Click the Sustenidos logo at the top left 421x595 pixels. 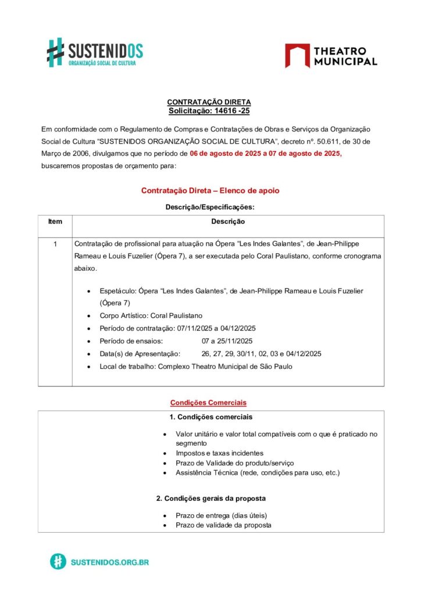[95, 52]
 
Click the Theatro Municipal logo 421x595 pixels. [331, 56]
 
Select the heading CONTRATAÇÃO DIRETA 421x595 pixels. [209, 102]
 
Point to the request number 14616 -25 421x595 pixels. [230, 110]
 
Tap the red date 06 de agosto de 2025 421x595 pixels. [225, 154]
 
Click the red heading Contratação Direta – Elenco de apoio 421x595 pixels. [210, 191]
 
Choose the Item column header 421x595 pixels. [55, 222]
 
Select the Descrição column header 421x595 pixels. [228, 222]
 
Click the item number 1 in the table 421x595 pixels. [55, 245]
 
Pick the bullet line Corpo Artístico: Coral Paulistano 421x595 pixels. [151, 316]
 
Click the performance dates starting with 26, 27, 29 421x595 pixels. [261, 354]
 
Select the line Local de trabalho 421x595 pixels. [195, 367]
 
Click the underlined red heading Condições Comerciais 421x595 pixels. [208, 402]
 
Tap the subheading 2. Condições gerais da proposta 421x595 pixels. [211, 499]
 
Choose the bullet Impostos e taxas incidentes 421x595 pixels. [219, 453]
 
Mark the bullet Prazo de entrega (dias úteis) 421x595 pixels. [221, 515]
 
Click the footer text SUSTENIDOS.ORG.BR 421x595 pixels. [109, 562]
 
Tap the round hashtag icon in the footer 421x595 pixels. [58, 562]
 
